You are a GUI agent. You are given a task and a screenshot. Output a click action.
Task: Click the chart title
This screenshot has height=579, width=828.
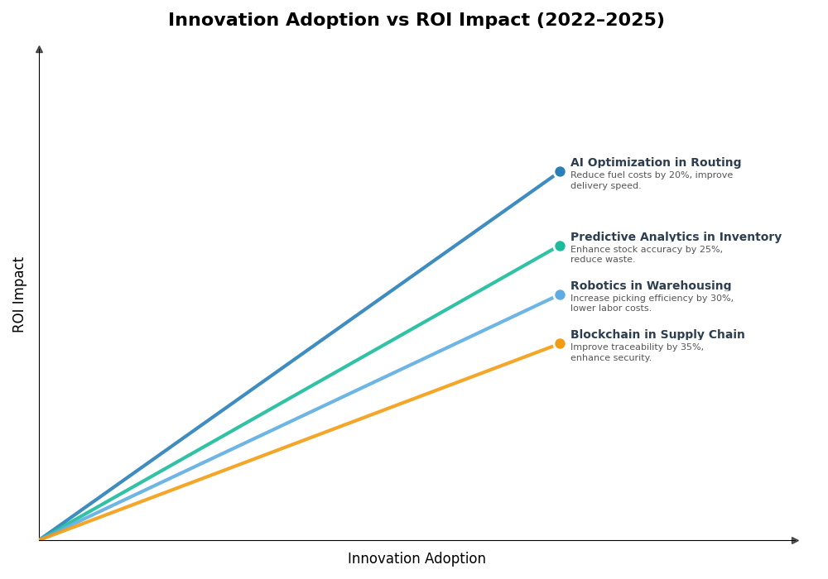pyautogui.click(x=416, y=20)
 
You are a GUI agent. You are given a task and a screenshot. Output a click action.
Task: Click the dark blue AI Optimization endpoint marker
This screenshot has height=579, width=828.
pyautogui.click(x=560, y=172)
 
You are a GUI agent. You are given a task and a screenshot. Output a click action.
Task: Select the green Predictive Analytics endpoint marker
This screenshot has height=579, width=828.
pyautogui.click(x=560, y=246)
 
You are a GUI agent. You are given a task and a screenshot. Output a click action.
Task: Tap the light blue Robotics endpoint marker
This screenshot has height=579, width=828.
pyautogui.click(x=560, y=294)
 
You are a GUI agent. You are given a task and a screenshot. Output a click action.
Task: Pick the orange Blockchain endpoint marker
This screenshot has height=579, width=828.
pyautogui.click(x=560, y=344)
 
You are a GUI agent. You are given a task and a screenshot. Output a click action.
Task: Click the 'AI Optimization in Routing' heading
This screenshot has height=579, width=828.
pyautogui.click(x=655, y=163)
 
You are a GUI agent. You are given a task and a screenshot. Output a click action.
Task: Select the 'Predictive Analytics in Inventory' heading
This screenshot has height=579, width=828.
pyautogui.click(x=676, y=237)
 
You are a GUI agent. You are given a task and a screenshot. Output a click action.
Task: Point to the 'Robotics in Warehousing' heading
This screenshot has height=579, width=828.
pyautogui.click(x=650, y=286)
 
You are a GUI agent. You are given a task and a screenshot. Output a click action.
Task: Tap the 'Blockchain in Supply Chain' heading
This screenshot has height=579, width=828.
pyautogui.click(x=657, y=335)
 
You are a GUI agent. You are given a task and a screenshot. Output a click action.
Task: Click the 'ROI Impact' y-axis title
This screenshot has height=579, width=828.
pyautogui.click(x=19, y=294)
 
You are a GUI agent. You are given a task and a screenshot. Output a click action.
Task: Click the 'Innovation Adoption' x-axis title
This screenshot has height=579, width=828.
pyautogui.click(x=416, y=559)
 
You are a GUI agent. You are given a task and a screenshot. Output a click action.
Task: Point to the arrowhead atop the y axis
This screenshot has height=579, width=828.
pyautogui.click(x=39, y=50)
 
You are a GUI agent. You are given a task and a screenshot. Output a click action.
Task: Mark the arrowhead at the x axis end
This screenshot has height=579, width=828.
pyautogui.click(x=795, y=540)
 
